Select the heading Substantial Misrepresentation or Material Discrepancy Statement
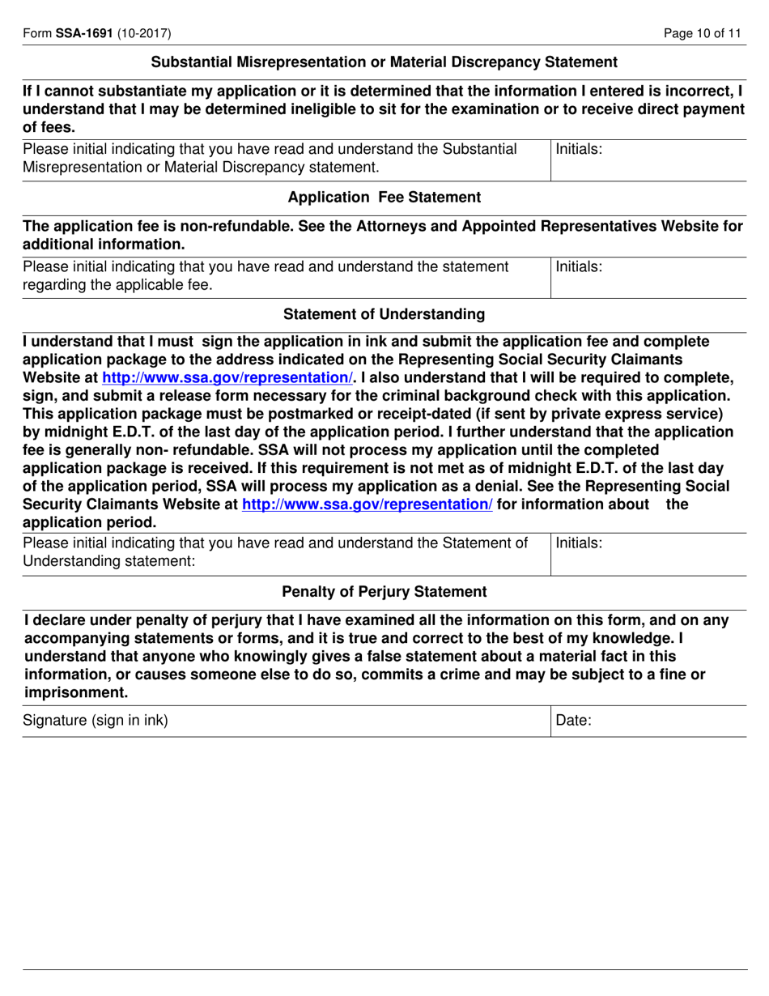coord(384,62)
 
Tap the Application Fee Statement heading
coord(384,197)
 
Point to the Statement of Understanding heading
coord(384,313)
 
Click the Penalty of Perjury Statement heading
coord(384,592)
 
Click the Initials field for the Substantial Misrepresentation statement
coord(648,160)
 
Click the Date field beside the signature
coord(648,721)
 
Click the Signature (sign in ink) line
coord(283,721)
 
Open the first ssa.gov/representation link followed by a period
coord(227,378)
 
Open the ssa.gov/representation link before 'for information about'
coord(368,504)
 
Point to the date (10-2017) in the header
coord(144,33)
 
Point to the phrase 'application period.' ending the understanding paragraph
coord(89,521)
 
